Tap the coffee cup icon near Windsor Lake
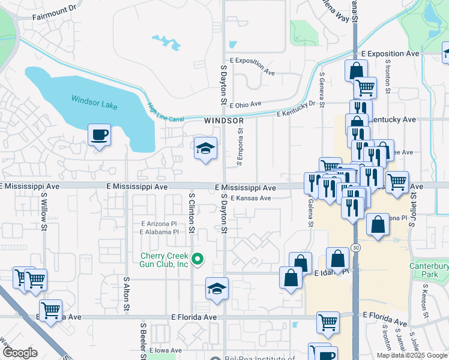point(99,134)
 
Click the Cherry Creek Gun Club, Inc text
point(164,260)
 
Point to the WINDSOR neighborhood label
point(222,121)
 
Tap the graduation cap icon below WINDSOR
point(205,148)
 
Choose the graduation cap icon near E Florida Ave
point(217,289)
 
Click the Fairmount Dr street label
point(55,10)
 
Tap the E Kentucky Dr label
point(296,109)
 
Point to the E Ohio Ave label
point(245,104)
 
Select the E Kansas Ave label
point(252,198)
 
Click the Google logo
point(19,353)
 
